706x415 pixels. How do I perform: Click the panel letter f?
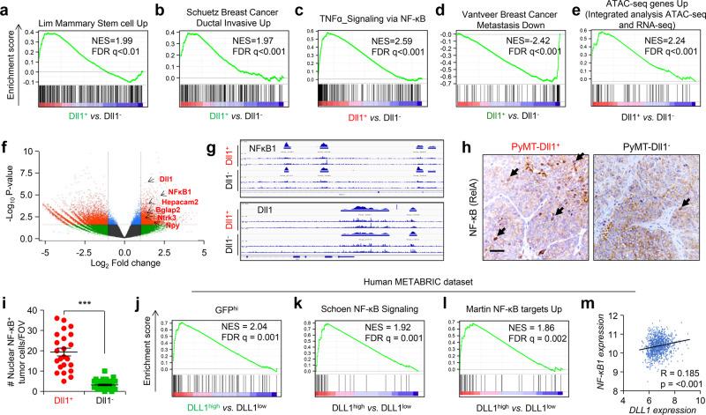pyautogui.click(x=8, y=153)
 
